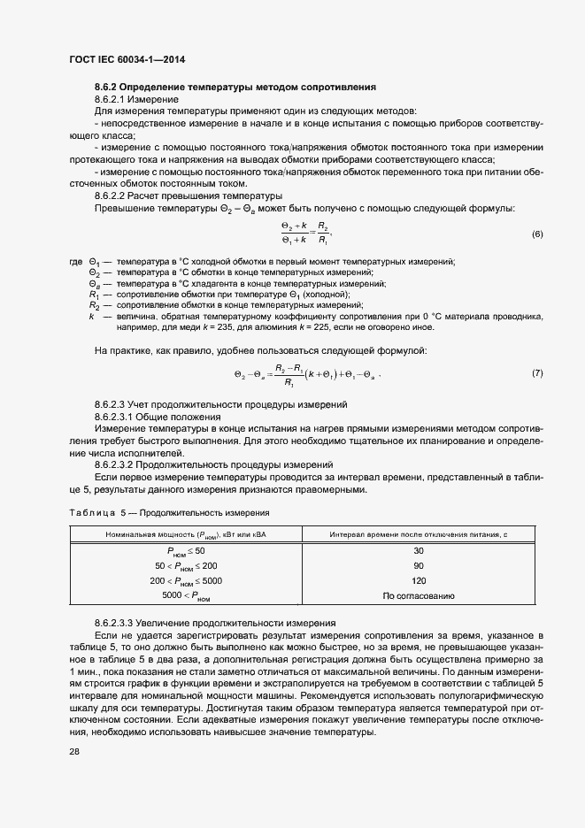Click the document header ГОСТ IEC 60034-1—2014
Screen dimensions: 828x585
127,60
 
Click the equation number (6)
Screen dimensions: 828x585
536,234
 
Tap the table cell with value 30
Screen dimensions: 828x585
419,551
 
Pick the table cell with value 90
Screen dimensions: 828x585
419,565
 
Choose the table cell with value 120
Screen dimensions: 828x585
419,580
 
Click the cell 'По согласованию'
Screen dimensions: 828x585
419,595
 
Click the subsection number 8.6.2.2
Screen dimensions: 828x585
115,195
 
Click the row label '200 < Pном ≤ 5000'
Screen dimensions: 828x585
187,580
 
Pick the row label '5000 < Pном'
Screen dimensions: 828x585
187,596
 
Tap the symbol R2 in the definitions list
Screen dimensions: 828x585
93,304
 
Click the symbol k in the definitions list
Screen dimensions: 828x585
91,316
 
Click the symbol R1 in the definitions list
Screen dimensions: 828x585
93,294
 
